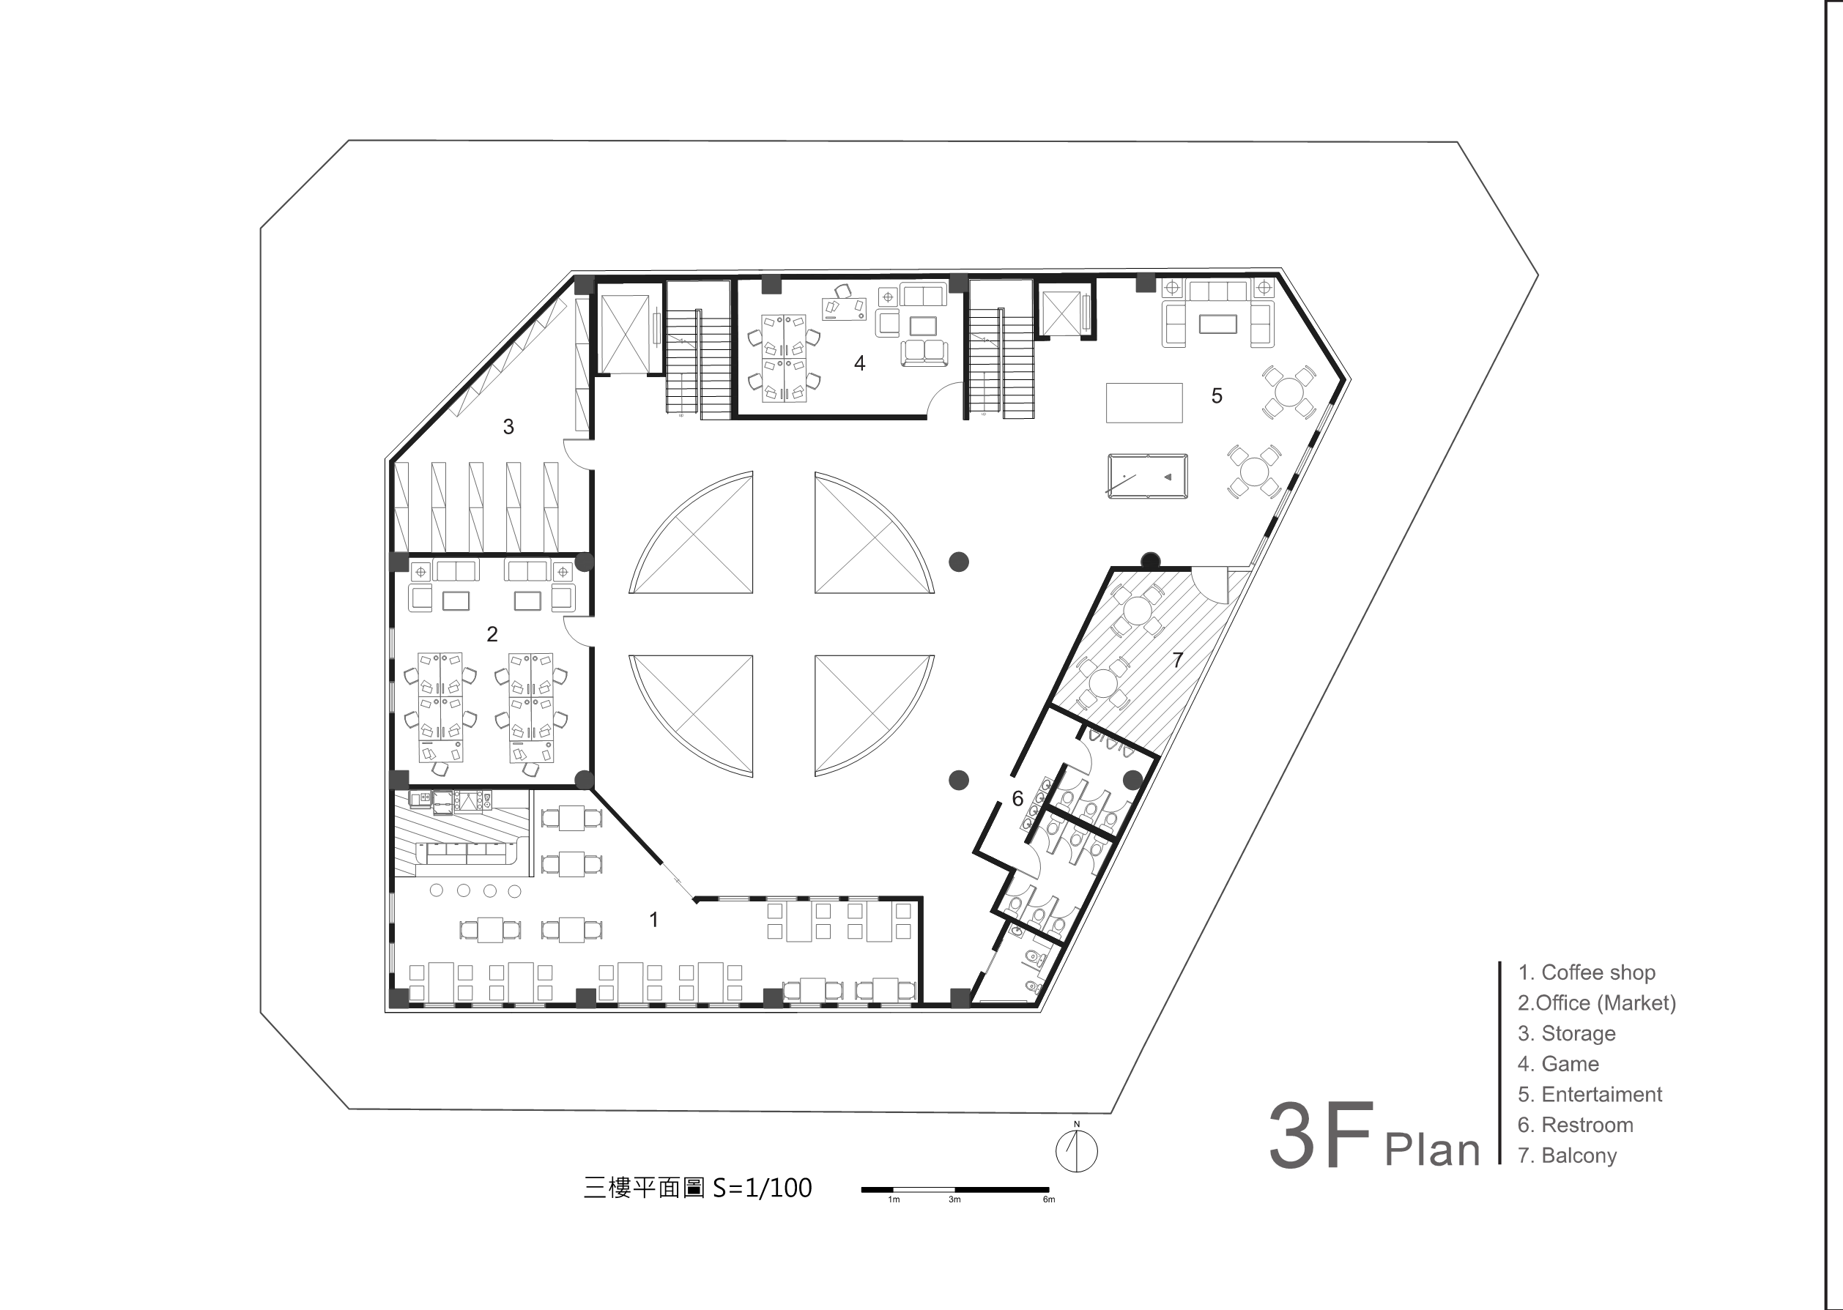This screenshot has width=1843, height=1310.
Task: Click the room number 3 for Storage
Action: coord(508,427)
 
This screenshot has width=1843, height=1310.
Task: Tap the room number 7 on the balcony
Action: coord(1177,660)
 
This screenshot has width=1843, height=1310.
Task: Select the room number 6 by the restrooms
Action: coord(1017,799)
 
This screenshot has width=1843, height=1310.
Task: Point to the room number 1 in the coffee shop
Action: coord(653,920)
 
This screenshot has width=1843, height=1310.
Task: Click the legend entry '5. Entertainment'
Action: coord(1590,1095)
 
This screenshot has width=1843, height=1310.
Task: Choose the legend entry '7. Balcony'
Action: coord(1567,1156)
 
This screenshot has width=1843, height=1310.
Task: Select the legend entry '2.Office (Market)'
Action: coord(1597,1002)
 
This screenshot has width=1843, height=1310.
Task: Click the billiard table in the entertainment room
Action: coord(1147,476)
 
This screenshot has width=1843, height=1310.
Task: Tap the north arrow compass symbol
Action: coord(1077,1149)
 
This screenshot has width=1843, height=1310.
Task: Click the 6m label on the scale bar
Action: coord(1049,1199)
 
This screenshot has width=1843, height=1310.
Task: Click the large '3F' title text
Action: coord(1320,1136)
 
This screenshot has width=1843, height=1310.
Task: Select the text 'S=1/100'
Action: coord(763,1188)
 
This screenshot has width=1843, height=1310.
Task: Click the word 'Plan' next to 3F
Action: coord(1432,1151)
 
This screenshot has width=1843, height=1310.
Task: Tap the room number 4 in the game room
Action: coord(859,364)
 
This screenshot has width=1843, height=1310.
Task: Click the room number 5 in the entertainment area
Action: coord(1217,396)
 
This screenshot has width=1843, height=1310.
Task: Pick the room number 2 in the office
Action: coord(492,634)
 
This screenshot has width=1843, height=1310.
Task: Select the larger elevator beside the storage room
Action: coord(626,334)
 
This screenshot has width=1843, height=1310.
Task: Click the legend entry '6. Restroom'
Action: coord(1575,1125)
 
